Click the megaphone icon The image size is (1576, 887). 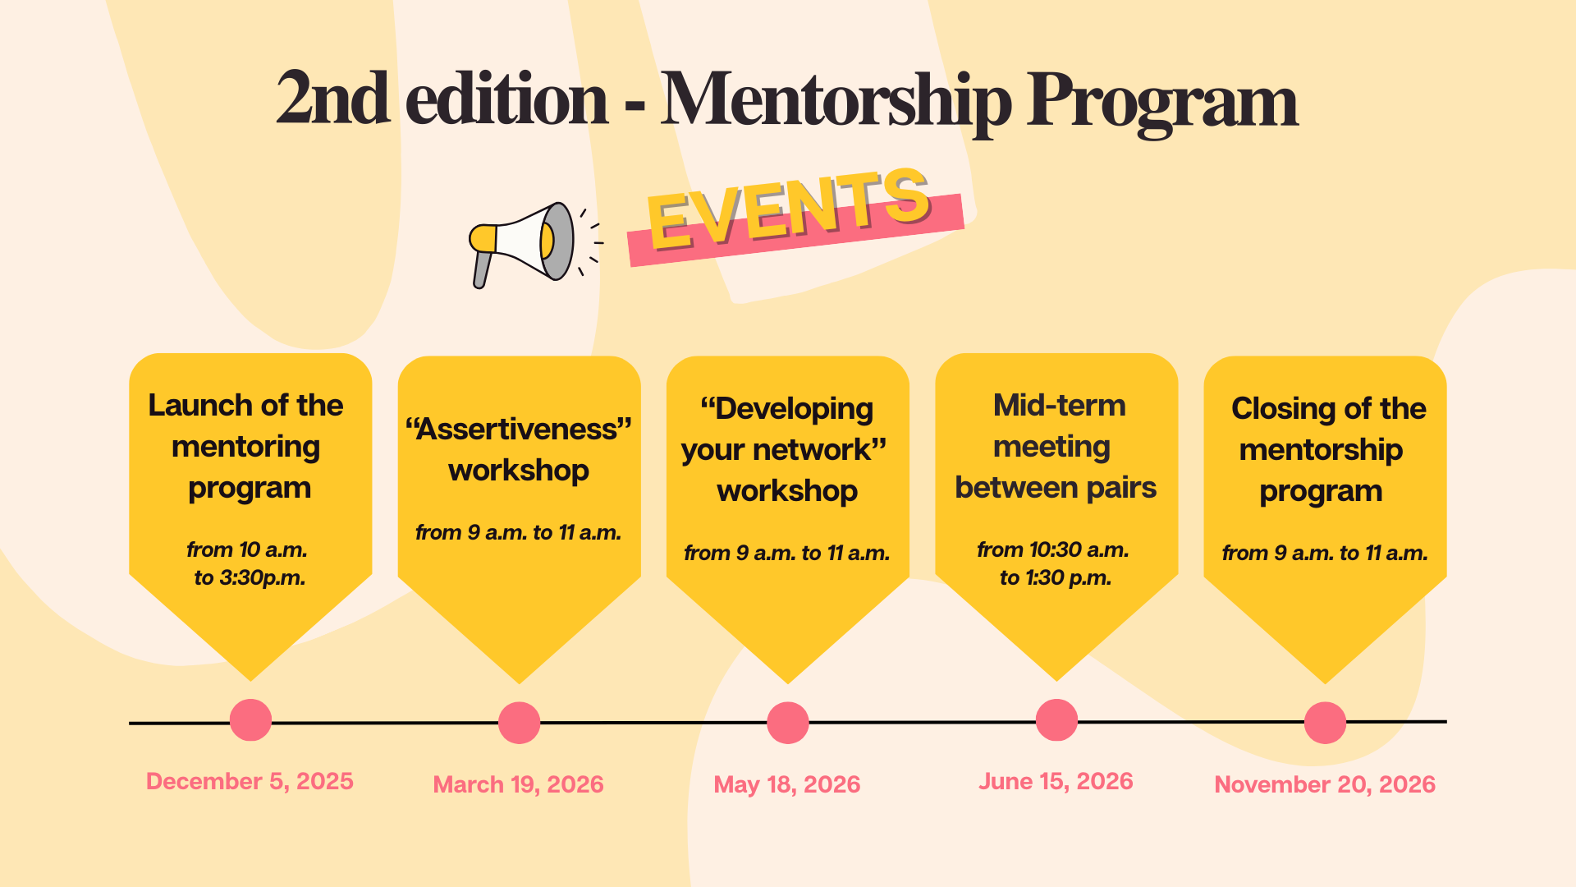tap(523, 243)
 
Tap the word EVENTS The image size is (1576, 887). tap(789, 208)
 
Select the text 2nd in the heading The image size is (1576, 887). tap(332, 99)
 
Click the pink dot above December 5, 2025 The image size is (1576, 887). tap(250, 720)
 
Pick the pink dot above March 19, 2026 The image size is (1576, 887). tap(519, 723)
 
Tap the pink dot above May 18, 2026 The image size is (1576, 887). tap(787, 723)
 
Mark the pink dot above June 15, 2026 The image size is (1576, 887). tap(1056, 720)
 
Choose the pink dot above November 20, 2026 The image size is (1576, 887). tap(1325, 723)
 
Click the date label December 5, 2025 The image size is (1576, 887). tap(250, 781)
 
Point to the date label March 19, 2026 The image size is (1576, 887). tap(518, 784)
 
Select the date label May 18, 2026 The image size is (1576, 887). tap(787, 784)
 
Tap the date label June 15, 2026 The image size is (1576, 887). tap(1056, 781)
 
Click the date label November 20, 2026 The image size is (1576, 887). tap(1325, 784)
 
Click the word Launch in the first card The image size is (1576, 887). tap(199, 406)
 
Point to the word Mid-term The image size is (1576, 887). tap(1059, 406)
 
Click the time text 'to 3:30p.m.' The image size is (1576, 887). tap(250, 577)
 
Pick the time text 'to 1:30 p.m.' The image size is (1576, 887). tap(1056, 577)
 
